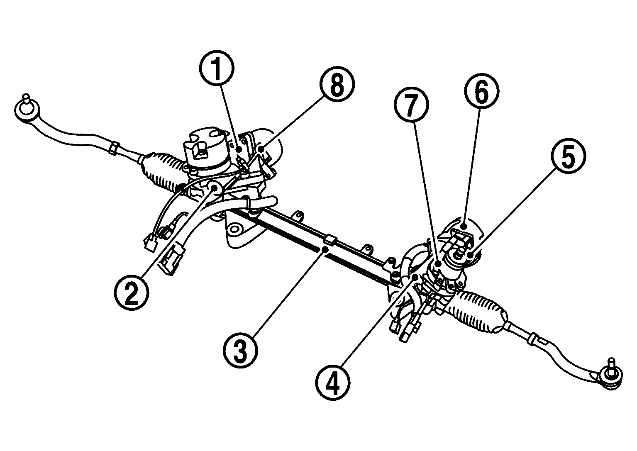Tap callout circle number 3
[240, 351]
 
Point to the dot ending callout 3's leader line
[326, 249]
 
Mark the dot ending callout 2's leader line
[215, 188]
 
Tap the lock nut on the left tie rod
[112, 147]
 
